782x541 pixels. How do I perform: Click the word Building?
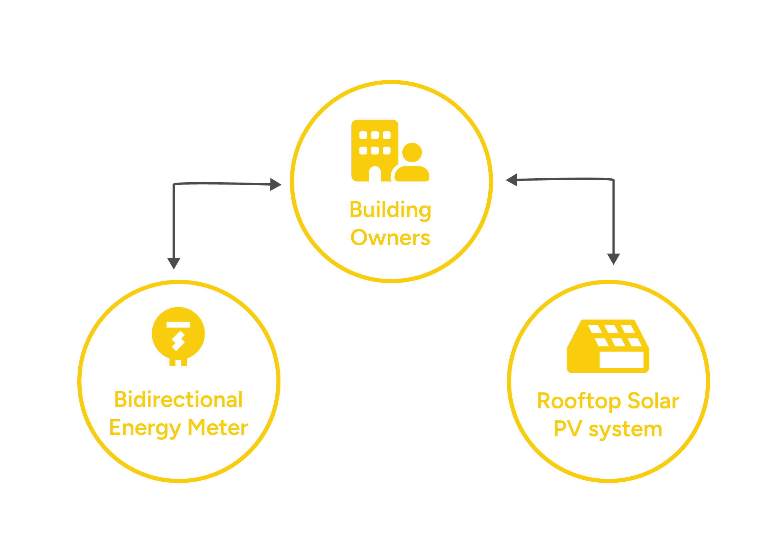click(390, 210)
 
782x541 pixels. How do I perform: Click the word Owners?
click(390, 238)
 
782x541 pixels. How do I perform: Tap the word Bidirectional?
click(179, 399)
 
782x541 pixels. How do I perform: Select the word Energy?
click(145, 428)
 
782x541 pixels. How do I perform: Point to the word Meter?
click(218, 427)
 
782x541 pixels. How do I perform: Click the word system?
click(625, 430)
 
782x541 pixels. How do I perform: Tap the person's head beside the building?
click(412, 153)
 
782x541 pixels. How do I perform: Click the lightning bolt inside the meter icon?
click(178, 341)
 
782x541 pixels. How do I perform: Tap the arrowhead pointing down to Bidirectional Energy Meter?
click(174, 264)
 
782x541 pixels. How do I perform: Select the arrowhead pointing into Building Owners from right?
click(512, 180)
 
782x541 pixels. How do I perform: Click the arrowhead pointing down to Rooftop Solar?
click(613, 259)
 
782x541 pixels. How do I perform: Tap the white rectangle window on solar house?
click(621, 360)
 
